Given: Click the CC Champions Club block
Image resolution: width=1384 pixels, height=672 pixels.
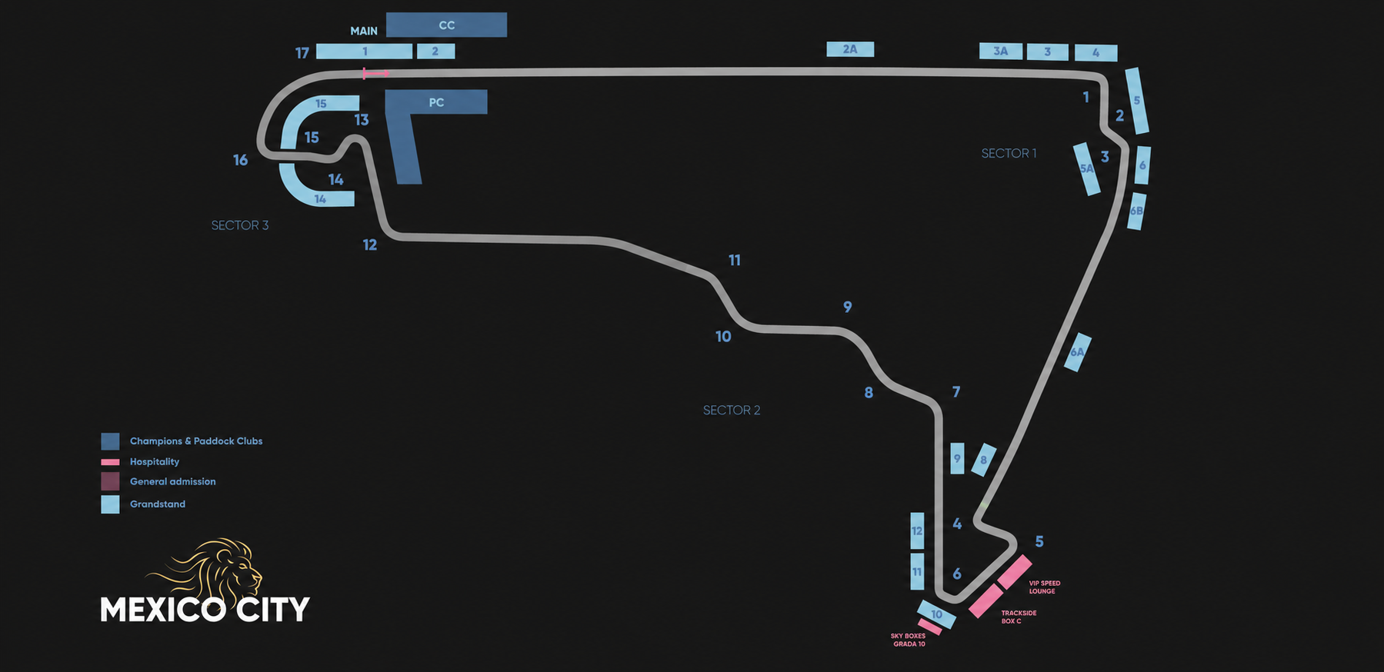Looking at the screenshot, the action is [446, 25].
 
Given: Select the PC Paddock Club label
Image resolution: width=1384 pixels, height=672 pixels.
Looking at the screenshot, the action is [436, 102].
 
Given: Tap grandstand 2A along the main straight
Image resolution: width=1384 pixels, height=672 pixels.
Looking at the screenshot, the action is [850, 49].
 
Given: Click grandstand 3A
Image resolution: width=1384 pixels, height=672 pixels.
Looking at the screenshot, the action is [1001, 51].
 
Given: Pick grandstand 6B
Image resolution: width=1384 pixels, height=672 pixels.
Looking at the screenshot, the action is [1136, 211].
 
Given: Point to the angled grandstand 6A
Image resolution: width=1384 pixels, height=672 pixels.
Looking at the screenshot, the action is [1077, 352].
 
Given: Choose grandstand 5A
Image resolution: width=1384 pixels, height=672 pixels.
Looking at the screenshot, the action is [1086, 168].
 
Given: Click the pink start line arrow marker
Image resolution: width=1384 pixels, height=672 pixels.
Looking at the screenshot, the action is [375, 74].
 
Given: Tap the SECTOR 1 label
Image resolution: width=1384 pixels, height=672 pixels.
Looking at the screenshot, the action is [1009, 154].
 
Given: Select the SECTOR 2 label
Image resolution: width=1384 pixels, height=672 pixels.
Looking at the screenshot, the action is [732, 411].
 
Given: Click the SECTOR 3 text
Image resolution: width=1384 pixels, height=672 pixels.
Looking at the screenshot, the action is [240, 225].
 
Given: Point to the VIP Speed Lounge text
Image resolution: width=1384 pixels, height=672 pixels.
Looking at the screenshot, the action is [1044, 587].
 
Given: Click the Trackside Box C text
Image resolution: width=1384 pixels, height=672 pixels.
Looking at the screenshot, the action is [1019, 617].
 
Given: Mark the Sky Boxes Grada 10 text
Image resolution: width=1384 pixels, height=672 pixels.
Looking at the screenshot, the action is [909, 640].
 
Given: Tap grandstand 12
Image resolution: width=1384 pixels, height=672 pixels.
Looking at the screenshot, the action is [917, 531].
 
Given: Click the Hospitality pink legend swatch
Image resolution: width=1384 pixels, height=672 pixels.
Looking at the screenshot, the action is [110, 462].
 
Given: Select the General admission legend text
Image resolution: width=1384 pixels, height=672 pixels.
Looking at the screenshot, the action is [173, 481].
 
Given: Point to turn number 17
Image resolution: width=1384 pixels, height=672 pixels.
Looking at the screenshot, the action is [302, 52].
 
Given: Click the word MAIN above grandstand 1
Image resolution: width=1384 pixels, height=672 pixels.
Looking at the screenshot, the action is [364, 31].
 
